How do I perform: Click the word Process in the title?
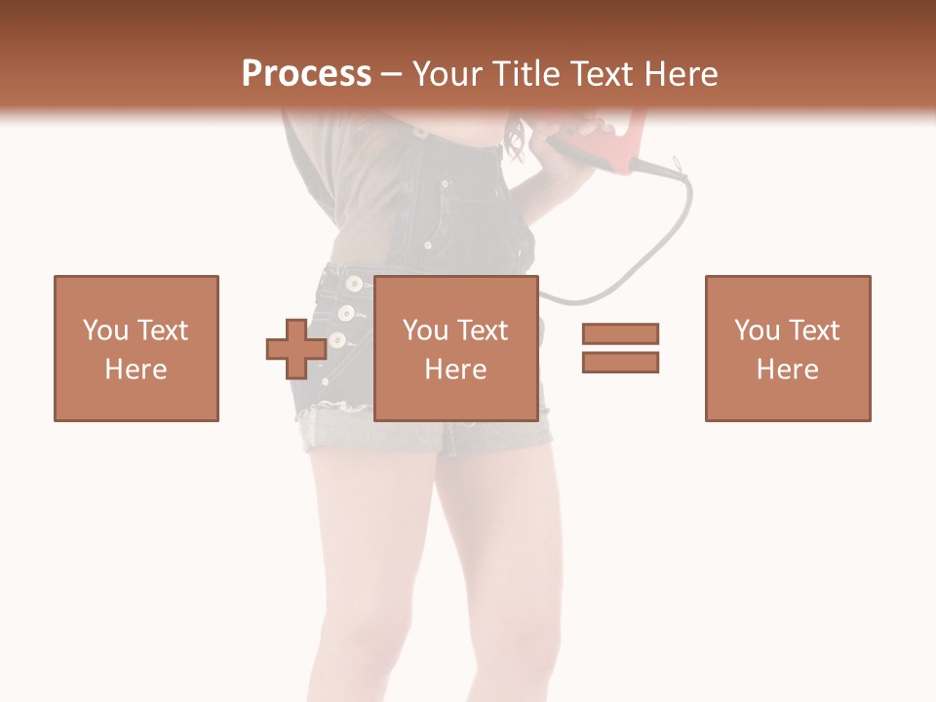pos(306,74)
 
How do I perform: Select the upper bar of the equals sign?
pos(620,333)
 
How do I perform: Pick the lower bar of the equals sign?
pos(620,363)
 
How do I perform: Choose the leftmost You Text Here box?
pos(136,348)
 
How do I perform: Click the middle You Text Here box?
pos(456,348)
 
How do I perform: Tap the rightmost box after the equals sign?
pos(788,348)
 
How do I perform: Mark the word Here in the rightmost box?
pos(788,369)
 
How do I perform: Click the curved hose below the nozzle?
pos(673,234)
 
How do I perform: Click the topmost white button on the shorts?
pos(352,284)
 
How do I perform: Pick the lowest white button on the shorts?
pos(337,340)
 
